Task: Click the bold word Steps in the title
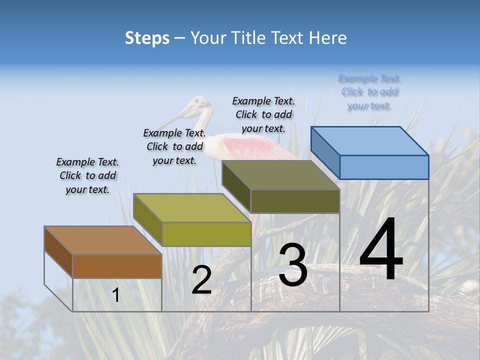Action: pyautogui.click(x=147, y=38)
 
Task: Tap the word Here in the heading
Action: pyautogui.click(x=328, y=38)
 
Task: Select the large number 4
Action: pyautogui.click(x=381, y=250)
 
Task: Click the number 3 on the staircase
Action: pyautogui.click(x=292, y=265)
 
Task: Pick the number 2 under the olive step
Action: pyautogui.click(x=201, y=280)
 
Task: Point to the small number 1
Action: pyautogui.click(x=116, y=295)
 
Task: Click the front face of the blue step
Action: pyautogui.click(x=384, y=167)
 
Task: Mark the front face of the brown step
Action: pyautogui.click(x=117, y=266)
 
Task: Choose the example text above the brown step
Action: pyautogui.click(x=87, y=175)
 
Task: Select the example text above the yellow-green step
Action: pyautogui.click(x=174, y=146)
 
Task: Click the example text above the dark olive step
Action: pyautogui.click(x=263, y=114)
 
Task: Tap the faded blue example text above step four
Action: pyautogui.click(x=370, y=92)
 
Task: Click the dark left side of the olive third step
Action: pyautogui.click(x=236, y=187)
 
